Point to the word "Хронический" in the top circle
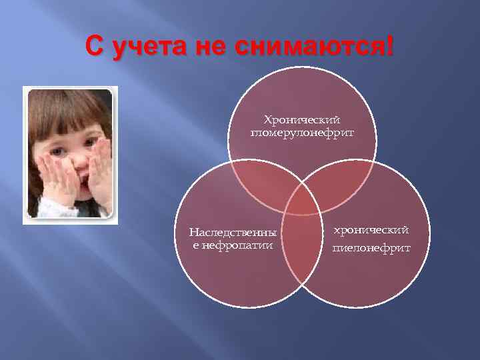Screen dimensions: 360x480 pos(302,120)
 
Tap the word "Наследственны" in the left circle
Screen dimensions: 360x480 pos(233,233)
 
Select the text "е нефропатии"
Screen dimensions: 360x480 pos(233,245)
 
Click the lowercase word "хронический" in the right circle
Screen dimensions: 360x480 pos(371,230)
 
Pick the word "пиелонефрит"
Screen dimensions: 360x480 pos(371,248)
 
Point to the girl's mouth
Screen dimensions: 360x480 pos(75,179)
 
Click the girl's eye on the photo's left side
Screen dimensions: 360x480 pos(57,151)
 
